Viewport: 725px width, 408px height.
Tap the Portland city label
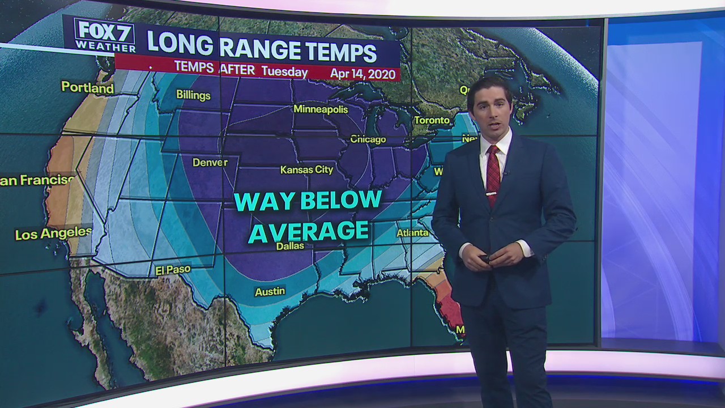point(87,87)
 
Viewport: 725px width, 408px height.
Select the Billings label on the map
point(193,95)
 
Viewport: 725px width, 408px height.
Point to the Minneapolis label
point(320,109)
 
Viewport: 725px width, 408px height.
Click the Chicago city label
point(368,139)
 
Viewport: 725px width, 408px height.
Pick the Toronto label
point(432,120)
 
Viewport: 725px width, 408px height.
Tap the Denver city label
point(210,163)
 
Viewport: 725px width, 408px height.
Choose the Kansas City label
point(306,169)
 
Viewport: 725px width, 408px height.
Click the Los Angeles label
point(53,233)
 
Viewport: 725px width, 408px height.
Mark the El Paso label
point(173,270)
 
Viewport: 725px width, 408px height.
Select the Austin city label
point(270,291)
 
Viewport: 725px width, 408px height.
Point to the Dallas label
point(290,246)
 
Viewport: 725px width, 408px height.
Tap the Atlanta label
point(412,232)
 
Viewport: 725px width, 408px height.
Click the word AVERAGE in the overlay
point(309,231)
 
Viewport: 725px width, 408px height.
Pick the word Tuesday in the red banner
point(284,72)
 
